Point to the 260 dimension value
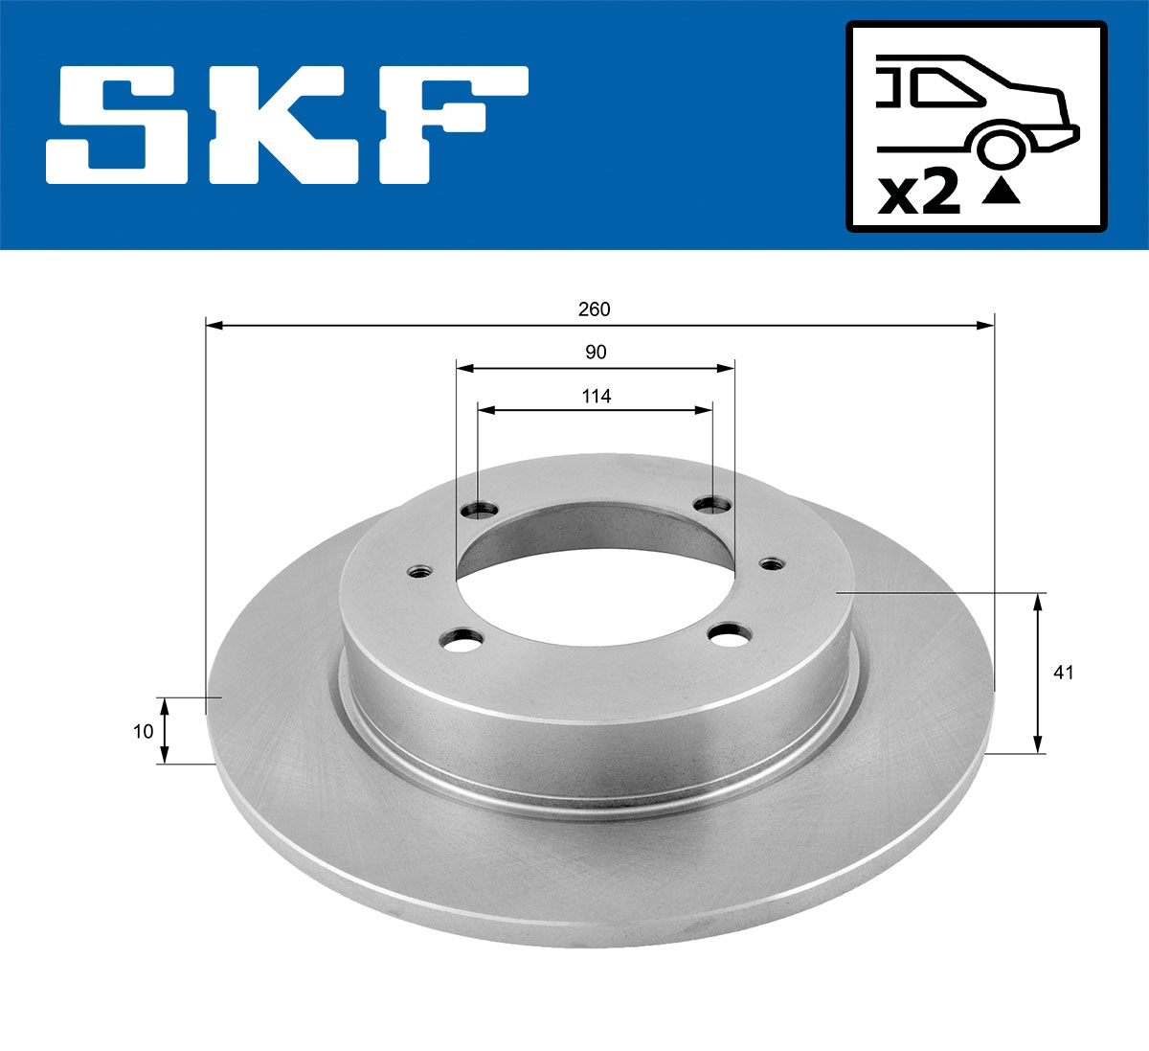[594, 309]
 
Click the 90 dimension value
[596, 353]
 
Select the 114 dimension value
[596, 396]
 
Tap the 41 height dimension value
[1063, 673]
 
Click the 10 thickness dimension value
[143, 731]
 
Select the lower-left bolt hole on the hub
[464, 640]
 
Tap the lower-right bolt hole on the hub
[730, 634]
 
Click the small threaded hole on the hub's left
[418, 572]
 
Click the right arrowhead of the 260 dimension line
[986, 326]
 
